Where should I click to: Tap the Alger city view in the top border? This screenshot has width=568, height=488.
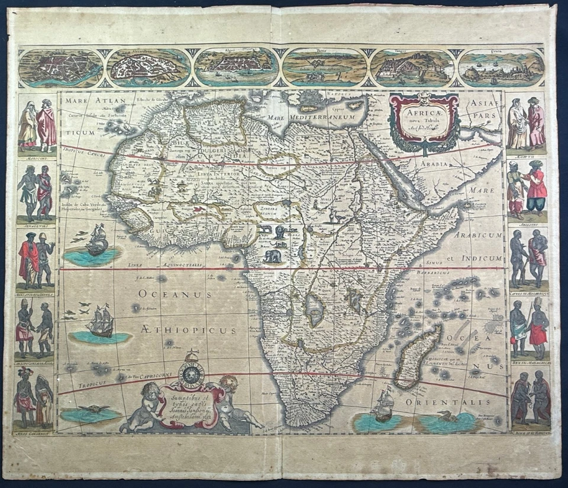tap(237, 67)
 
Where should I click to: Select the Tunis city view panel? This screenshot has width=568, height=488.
tap(324, 67)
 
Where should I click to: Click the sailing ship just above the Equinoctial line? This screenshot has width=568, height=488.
tap(98, 241)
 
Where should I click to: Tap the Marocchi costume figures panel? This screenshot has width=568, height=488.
tap(37, 126)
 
